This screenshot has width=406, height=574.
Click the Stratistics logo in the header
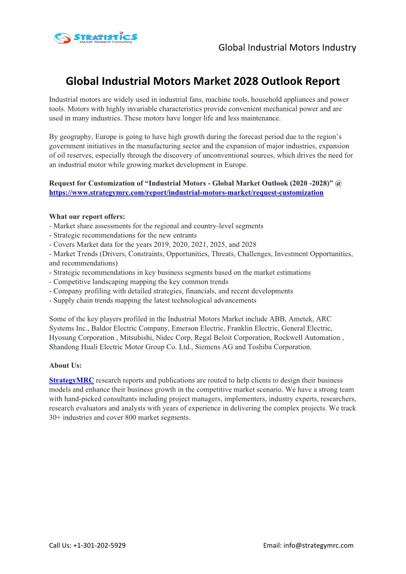point(96,37)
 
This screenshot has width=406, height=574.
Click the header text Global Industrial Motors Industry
point(287,48)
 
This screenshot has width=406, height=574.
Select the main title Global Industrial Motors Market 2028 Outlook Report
point(203,81)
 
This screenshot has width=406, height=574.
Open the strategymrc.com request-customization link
point(186,193)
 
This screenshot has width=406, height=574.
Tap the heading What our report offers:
point(87,217)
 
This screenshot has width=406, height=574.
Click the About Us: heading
point(65,365)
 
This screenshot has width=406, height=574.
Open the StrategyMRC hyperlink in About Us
point(72,381)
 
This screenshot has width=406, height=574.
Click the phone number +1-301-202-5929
point(99,545)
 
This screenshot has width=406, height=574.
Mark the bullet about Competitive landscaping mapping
point(139,282)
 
